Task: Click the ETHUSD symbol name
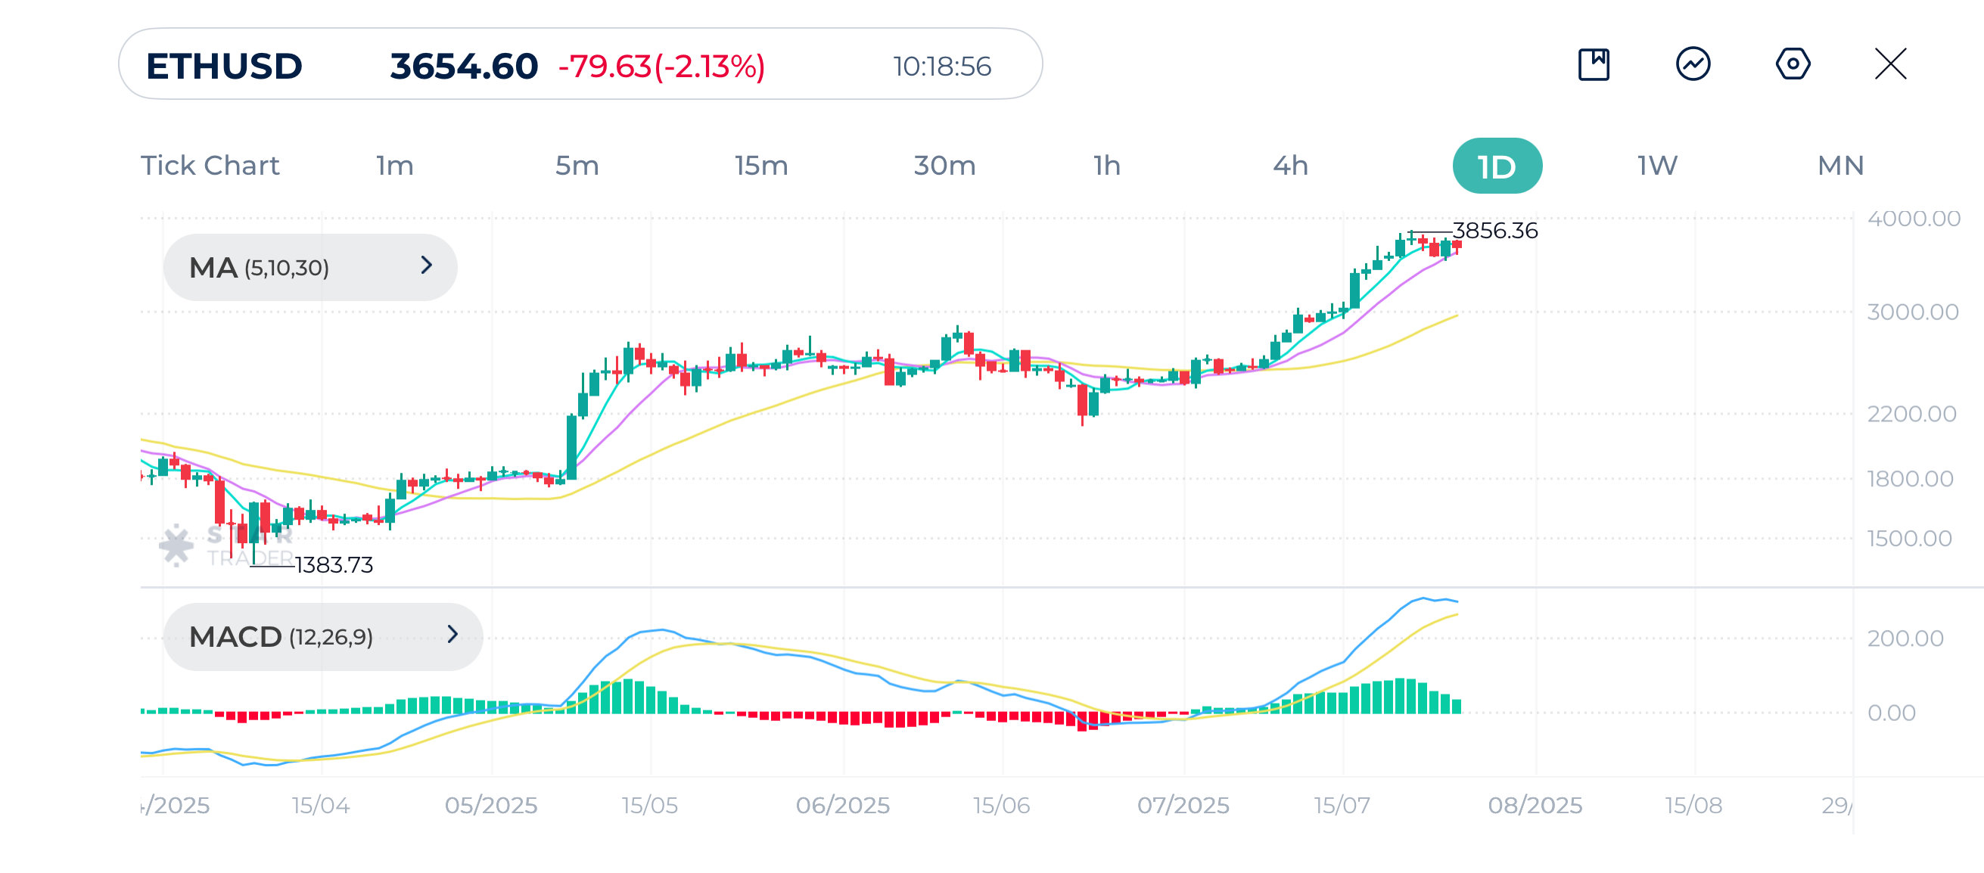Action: tap(223, 67)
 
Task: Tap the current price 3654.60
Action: tap(464, 67)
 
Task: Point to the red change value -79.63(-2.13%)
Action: tap(661, 67)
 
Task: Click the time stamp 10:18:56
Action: tap(941, 67)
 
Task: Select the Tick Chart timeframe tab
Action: tap(210, 166)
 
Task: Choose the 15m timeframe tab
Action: tap(760, 166)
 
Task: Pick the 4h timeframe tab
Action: tap(1290, 166)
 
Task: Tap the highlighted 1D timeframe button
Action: tap(1497, 166)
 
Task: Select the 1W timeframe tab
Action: tap(1656, 166)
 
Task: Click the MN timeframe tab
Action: tap(1840, 166)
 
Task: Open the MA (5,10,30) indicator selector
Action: tap(309, 267)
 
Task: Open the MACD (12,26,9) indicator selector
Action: tap(322, 637)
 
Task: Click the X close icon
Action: tap(1890, 64)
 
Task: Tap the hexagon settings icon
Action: tap(1793, 64)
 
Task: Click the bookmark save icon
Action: tap(1594, 64)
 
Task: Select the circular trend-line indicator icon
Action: tap(1693, 64)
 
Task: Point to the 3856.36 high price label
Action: tap(1494, 230)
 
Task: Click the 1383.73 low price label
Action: tap(334, 565)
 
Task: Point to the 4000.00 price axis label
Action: tap(1913, 219)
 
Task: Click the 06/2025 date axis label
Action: tap(842, 805)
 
